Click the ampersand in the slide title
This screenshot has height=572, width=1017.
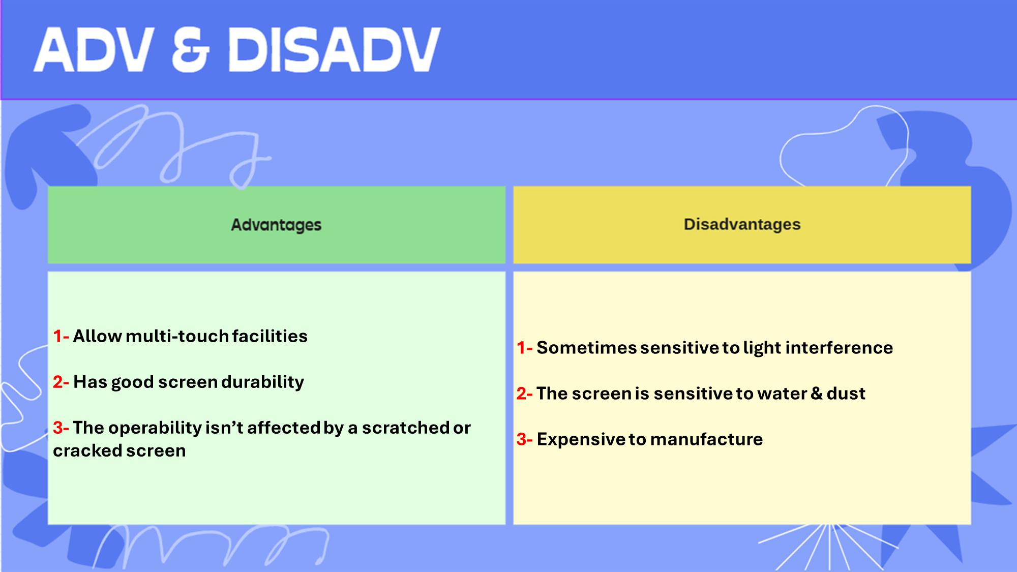pyautogui.click(x=191, y=49)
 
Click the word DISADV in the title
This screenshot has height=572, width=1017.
pyautogui.click(x=334, y=49)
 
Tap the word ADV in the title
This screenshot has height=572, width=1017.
pyautogui.click(x=94, y=49)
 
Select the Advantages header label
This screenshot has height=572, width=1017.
pyautogui.click(x=276, y=225)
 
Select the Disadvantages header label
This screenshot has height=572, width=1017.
pyautogui.click(x=742, y=224)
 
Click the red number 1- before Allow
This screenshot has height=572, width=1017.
pyautogui.click(x=61, y=336)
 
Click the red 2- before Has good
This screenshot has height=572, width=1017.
pyautogui.click(x=61, y=382)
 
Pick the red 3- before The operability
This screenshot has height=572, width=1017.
pyautogui.click(x=61, y=428)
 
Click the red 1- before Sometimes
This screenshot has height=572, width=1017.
pyautogui.click(x=525, y=348)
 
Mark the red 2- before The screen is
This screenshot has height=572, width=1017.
pyautogui.click(x=525, y=394)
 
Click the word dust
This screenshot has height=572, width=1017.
pyautogui.click(x=846, y=394)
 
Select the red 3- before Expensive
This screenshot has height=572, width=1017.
pyautogui.click(x=525, y=439)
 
